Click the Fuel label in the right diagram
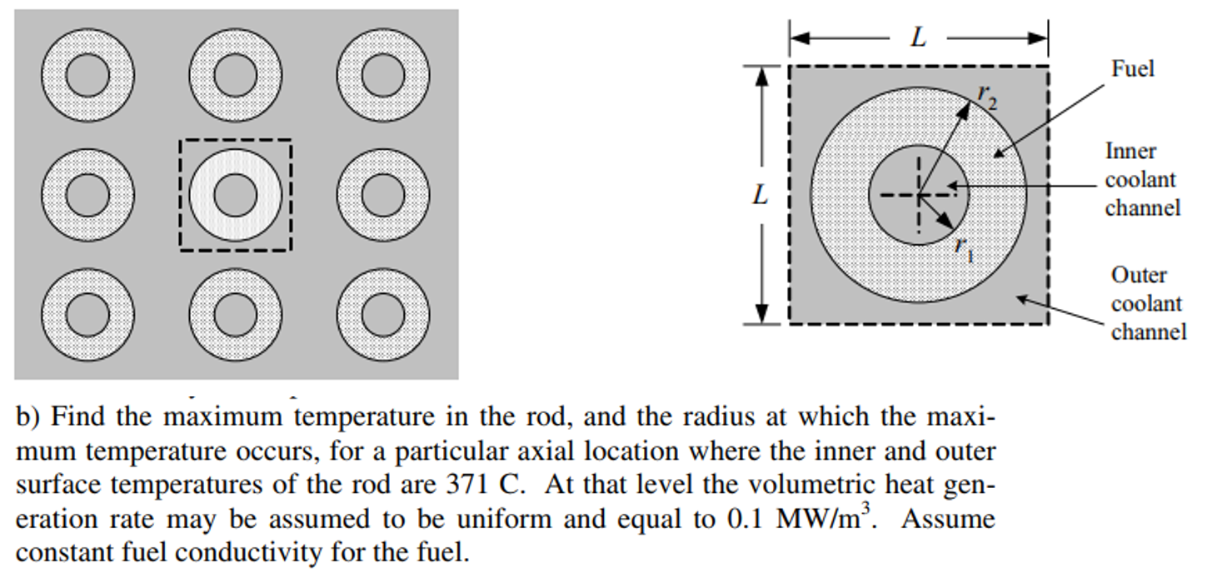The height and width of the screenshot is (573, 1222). [x=1132, y=68]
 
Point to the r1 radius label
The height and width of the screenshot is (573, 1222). [x=964, y=247]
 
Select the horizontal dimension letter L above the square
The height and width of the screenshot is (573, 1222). [x=918, y=37]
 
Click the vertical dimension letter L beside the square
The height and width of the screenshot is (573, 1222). [x=760, y=195]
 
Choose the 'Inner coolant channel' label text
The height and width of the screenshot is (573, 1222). [x=1141, y=179]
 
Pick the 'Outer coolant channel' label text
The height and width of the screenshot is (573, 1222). [x=1148, y=303]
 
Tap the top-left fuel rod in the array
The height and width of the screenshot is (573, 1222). [x=87, y=76]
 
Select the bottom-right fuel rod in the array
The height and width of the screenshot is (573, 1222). [x=383, y=314]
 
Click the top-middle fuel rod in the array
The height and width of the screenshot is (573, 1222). [x=235, y=76]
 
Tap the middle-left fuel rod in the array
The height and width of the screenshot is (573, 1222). [x=87, y=195]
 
